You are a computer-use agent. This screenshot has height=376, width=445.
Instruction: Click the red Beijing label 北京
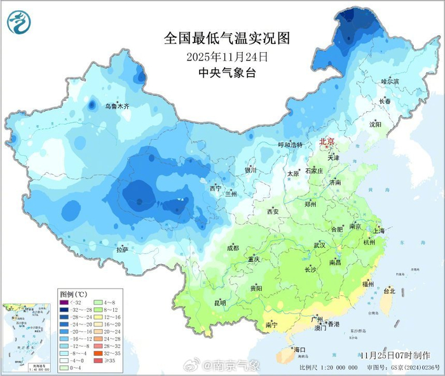tap(326, 142)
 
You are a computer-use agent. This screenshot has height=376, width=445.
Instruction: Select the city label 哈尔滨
tap(390, 82)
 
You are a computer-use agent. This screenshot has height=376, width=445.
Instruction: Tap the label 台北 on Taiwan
tap(388, 291)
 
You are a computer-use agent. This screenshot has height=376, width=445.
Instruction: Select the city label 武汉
tap(319, 245)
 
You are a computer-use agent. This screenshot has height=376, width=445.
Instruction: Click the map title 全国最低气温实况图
tap(227, 38)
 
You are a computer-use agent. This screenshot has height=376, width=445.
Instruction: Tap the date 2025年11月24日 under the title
tap(227, 57)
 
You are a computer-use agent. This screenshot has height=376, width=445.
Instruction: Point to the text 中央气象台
tap(227, 73)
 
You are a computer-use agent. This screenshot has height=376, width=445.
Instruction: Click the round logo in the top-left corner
tap(20, 22)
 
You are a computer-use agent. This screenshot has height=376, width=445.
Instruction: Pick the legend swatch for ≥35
tap(99, 361)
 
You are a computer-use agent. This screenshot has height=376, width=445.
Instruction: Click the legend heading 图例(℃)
tap(73, 295)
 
